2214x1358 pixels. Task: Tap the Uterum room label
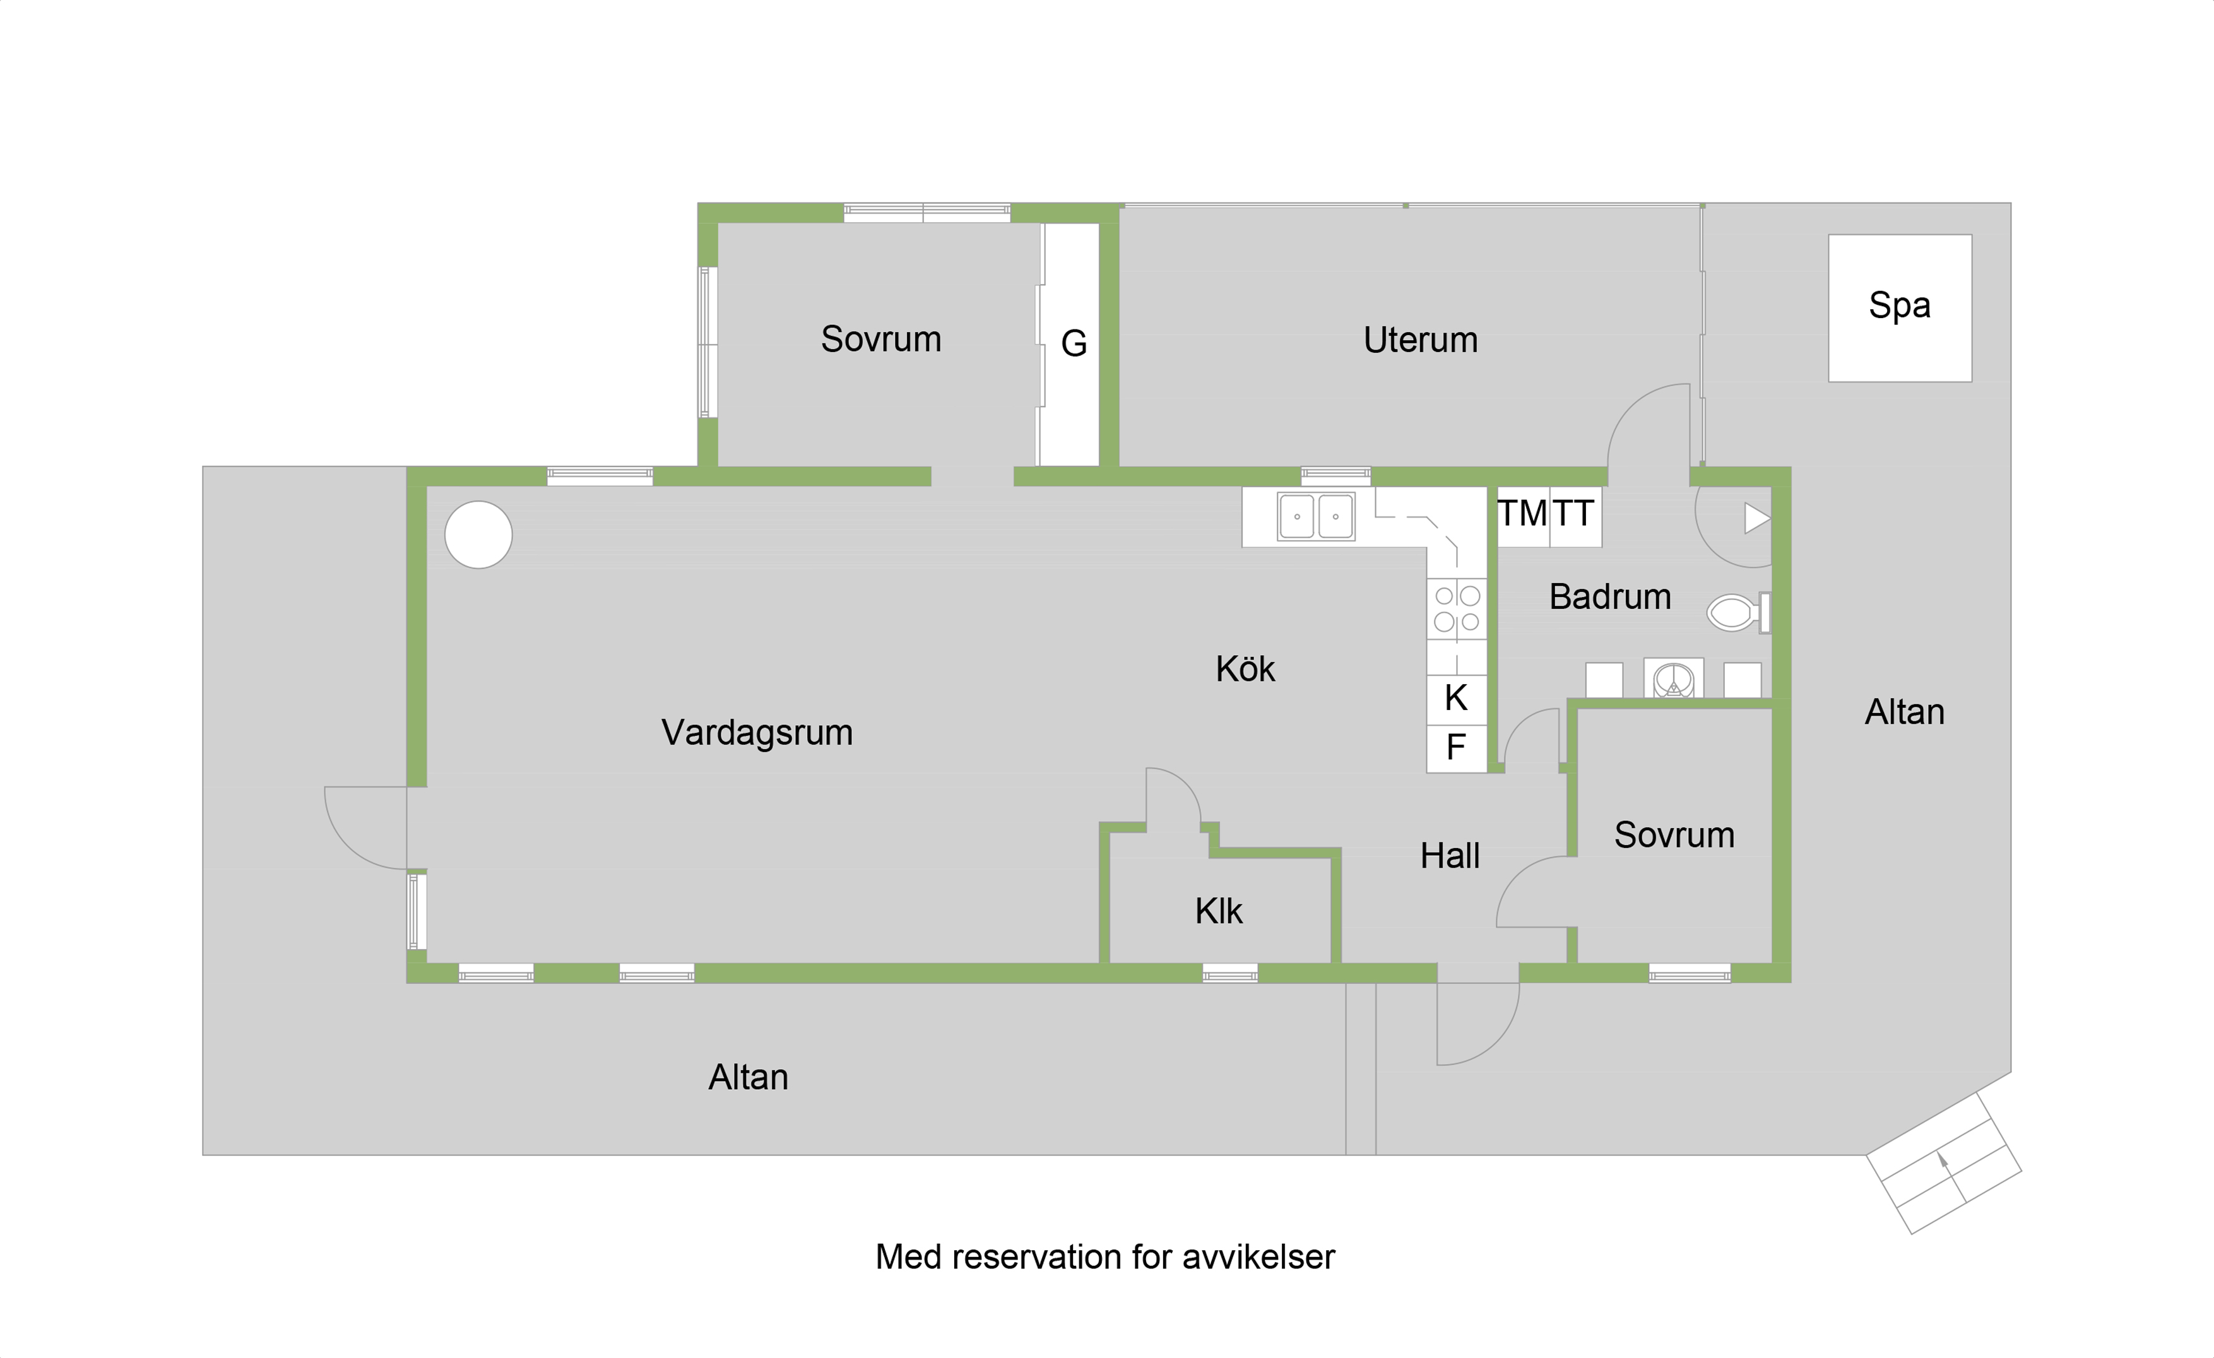[x=1419, y=339]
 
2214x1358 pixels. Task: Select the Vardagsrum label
[x=757, y=733]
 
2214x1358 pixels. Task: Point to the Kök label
[x=1245, y=668]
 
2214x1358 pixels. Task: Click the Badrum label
[x=1609, y=596]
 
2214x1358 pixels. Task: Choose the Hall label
[x=1449, y=855]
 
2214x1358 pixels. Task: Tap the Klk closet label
[x=1219, y=911]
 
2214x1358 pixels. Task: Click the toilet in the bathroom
[x=1737, y=613]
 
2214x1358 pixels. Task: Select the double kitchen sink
[x=1315, y=516]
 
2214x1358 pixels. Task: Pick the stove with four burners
[x=1457, y=609]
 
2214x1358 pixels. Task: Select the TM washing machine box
[x=1523, y=516]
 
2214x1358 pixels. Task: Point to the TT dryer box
[x=1576, y=516]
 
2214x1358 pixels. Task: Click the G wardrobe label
[x=1074, y=343]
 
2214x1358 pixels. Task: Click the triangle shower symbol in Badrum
[x=1756, y=518]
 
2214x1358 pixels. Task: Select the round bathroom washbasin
[x=1673, y=678]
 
